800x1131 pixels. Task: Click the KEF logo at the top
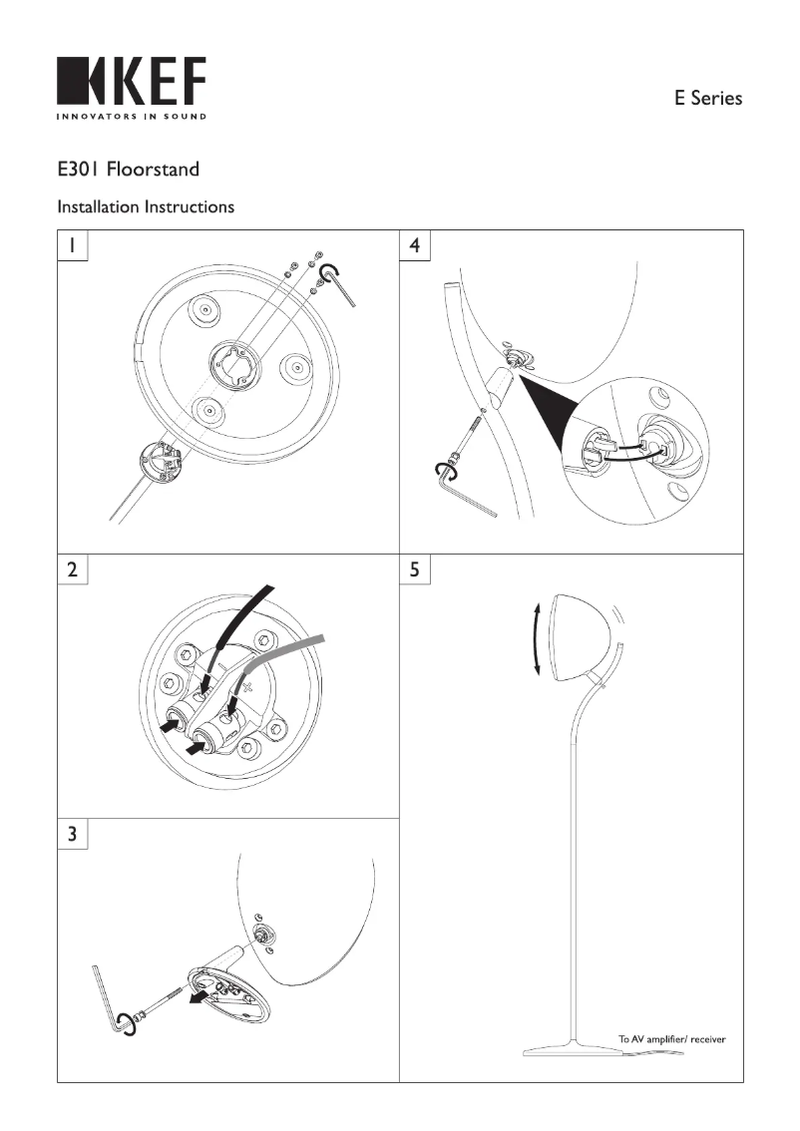click(132, 82)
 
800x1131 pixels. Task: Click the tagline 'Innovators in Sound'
click(132, 117)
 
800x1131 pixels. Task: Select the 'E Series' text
click(708, 98)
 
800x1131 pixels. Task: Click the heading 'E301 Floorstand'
click(128, 169)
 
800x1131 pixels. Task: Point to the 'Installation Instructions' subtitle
click(146, 207)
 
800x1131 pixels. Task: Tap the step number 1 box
click(73, 245)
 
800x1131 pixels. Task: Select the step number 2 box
click(73, 570)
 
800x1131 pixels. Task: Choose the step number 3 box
click(73, 834)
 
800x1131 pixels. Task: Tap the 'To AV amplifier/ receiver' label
click(671, 1039)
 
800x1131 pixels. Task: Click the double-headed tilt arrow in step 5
click(537, 638)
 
